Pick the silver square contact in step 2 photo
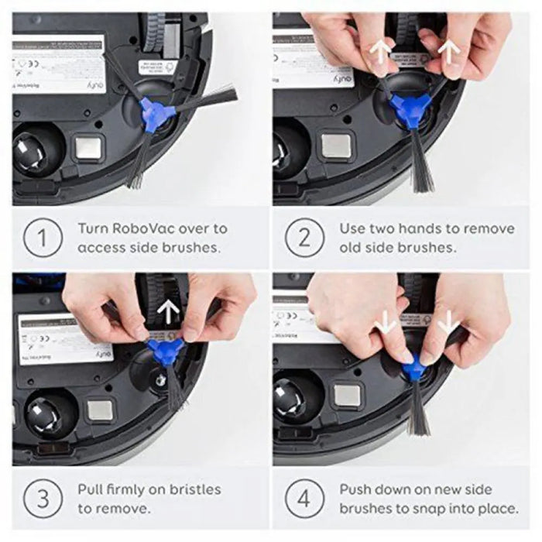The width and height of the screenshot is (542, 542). point(337,144)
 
